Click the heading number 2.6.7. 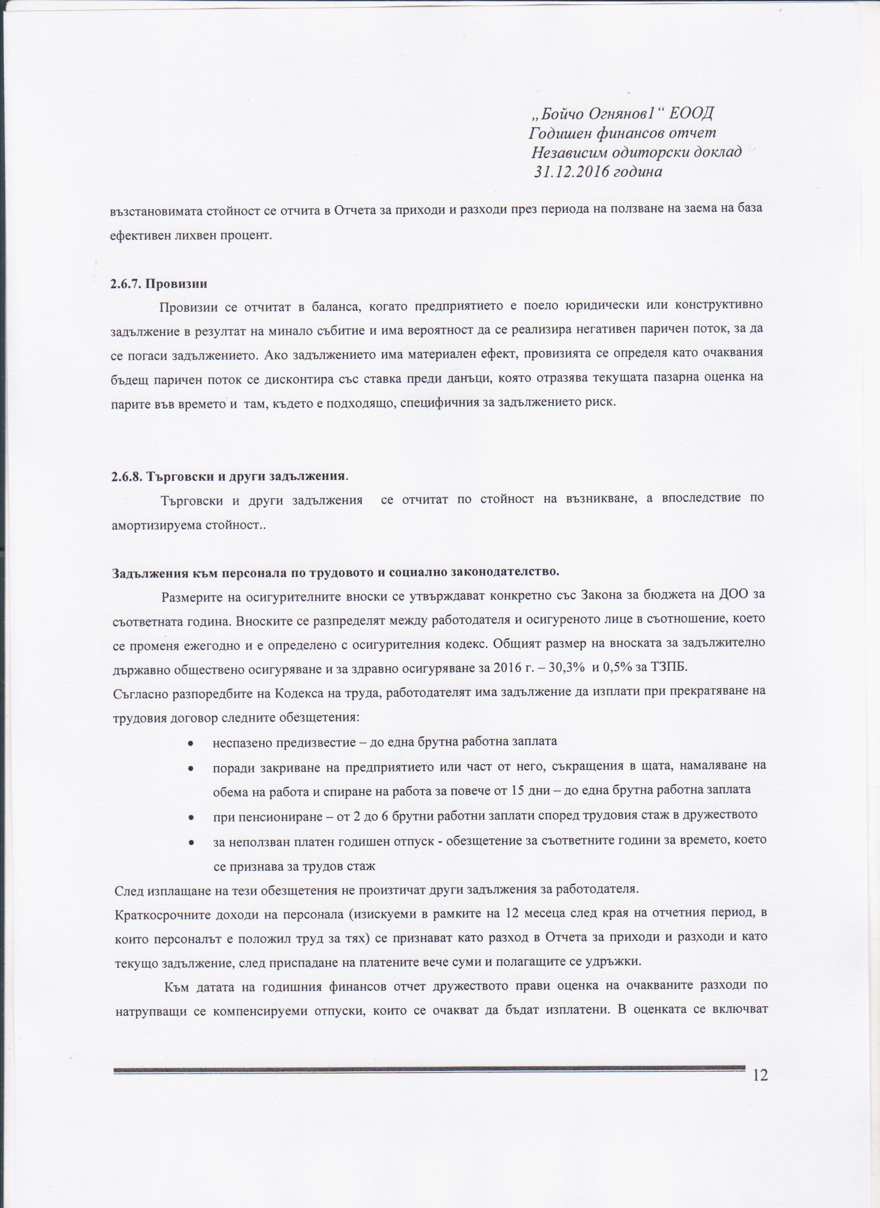coord(126,284)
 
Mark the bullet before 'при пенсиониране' coord(190,816)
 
